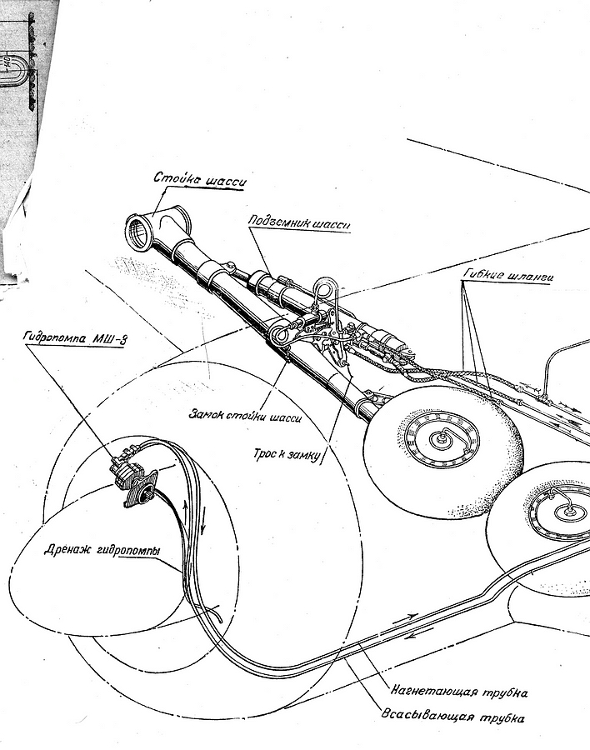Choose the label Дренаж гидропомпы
101,552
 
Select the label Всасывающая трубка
454,716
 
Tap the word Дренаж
69,552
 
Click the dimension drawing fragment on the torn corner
21,67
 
